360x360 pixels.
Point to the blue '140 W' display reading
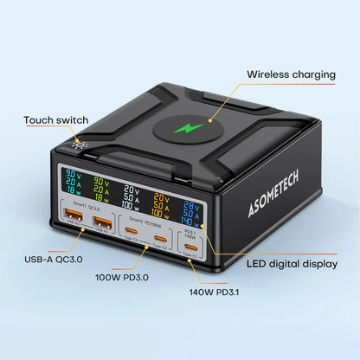(197, 221)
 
